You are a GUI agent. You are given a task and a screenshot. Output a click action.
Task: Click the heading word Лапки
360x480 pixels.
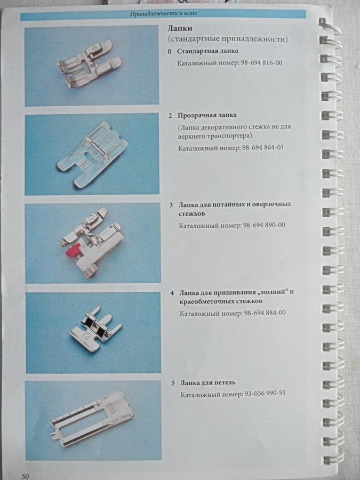coord(180,28)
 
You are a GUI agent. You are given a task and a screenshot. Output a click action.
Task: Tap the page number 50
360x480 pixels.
coord(25,476)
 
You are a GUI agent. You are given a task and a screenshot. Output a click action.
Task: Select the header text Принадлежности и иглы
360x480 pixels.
coord(163,14)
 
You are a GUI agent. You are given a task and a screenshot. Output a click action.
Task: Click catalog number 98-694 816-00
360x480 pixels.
coord(261,63)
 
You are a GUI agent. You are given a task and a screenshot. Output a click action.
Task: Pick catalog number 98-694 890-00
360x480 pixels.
coord(264,225)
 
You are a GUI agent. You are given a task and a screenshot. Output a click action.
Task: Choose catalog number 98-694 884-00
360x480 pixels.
coord(265,313)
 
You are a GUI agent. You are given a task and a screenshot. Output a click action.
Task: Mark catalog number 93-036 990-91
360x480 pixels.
coord(265,394)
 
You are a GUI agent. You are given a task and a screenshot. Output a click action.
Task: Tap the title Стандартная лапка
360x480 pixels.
coord(207,51)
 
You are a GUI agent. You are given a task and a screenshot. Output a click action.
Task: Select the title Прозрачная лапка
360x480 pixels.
coord(207,115)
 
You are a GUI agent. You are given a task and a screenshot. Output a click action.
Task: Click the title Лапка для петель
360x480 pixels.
coord(208,382)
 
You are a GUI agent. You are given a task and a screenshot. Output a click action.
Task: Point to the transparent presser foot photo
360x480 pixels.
coord(92,154)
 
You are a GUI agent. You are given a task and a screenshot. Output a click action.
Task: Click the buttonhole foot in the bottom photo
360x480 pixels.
coord(93,419)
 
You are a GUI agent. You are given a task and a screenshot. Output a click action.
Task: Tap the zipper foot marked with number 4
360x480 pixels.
coord(95,329)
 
